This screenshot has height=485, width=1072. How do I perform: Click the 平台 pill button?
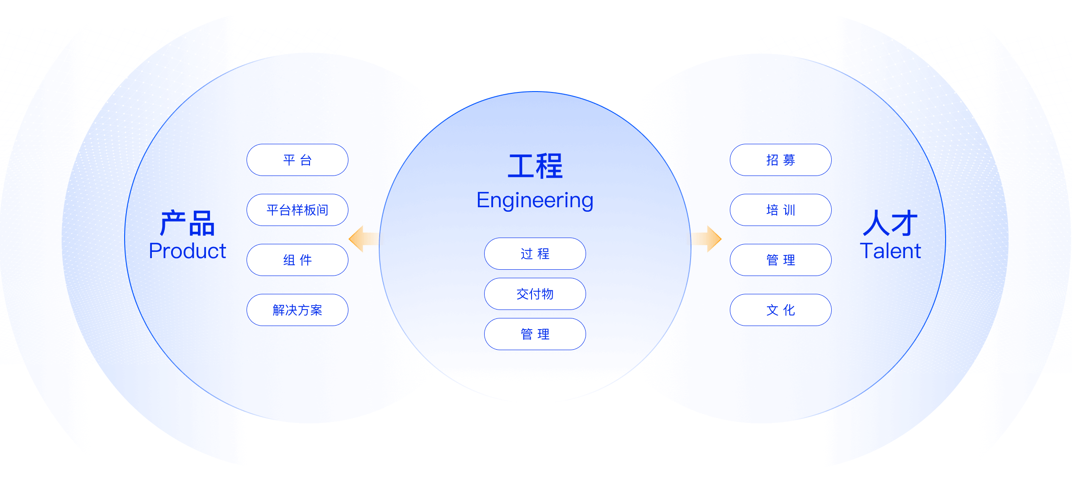point(297,160)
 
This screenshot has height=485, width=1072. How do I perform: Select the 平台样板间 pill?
point(297,210)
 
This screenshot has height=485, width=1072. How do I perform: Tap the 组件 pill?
point(297,260)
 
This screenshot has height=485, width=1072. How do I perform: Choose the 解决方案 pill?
point(297,310)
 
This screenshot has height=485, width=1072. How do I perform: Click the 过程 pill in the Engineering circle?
point(535,254)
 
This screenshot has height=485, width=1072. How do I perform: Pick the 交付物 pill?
point(535,294)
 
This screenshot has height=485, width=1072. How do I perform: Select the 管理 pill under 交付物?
point(535,334)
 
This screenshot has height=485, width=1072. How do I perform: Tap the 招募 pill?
point(780,160)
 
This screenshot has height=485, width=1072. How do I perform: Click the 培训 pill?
point(780,210)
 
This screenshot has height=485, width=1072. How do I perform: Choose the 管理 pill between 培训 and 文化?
point(780,260)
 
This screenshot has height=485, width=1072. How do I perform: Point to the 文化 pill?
point(780,310)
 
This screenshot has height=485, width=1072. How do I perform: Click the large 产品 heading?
point(188,223)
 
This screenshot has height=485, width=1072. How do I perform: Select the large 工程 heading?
point(535,166)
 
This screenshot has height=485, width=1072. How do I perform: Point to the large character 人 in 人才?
point(876,223)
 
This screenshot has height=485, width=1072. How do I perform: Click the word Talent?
point(891,251)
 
